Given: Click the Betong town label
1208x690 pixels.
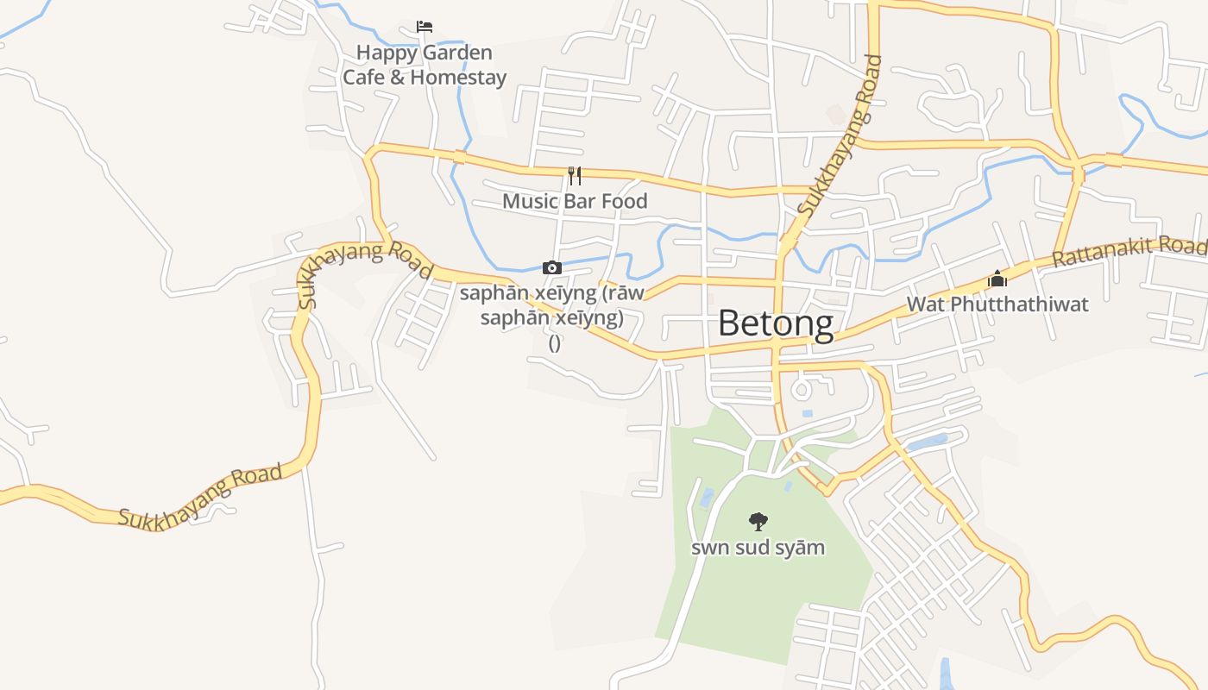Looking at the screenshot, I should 776,323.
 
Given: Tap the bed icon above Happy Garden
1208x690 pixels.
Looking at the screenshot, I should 424,27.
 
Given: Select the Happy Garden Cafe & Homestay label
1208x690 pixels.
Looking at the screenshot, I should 425,65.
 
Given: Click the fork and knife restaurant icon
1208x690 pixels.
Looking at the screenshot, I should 575,176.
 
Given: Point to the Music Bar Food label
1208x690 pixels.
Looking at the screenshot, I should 575,201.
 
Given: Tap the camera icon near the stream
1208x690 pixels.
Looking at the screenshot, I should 552,268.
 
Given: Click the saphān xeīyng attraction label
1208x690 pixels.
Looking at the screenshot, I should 552,305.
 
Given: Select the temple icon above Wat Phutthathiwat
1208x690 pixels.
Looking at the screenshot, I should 997,279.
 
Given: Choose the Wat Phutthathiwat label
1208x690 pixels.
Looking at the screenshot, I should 997,304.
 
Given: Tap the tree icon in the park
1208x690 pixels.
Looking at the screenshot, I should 758,521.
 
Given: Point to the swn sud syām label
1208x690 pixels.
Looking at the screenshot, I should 758,548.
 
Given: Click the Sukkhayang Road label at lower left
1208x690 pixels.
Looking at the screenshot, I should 200,496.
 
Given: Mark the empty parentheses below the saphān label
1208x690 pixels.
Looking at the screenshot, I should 555,343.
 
